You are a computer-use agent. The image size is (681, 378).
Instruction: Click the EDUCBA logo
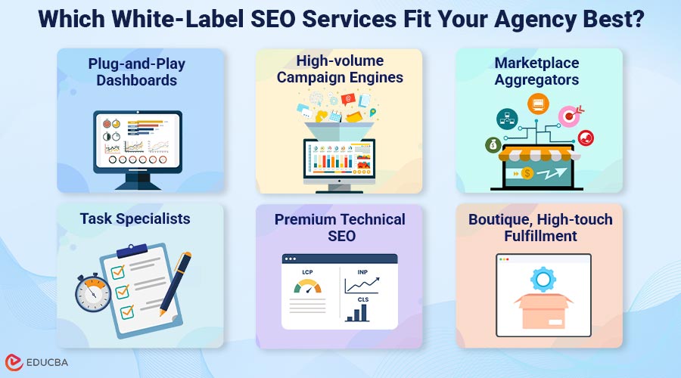37,362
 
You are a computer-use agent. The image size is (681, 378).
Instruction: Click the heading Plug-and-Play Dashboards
136,72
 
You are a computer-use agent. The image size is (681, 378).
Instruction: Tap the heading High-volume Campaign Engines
339,68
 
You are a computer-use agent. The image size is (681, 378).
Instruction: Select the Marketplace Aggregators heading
538,70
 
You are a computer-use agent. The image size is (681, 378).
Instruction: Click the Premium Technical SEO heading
340,228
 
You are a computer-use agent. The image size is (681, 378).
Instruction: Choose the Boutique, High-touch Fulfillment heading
540,228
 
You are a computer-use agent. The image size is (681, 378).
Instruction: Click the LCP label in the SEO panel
307,272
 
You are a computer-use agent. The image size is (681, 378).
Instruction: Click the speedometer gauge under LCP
307,288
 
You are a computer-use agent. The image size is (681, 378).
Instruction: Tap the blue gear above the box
543,280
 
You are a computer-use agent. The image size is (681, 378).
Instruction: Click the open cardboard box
543,310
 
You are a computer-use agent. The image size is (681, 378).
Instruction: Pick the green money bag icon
493,144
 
